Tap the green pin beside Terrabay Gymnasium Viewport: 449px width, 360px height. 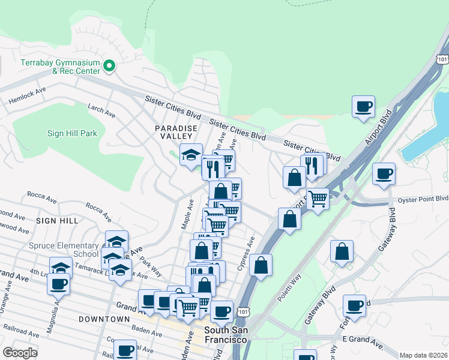110,66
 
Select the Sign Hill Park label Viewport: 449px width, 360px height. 72,133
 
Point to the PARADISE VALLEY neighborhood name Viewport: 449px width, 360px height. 176,133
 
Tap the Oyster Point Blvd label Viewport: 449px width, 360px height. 424,199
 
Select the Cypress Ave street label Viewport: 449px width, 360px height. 246,253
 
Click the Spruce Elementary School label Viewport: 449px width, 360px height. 64,250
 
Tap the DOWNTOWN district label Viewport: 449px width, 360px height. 104,319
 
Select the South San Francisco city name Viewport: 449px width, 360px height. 226,335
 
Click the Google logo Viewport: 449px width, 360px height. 20,353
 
